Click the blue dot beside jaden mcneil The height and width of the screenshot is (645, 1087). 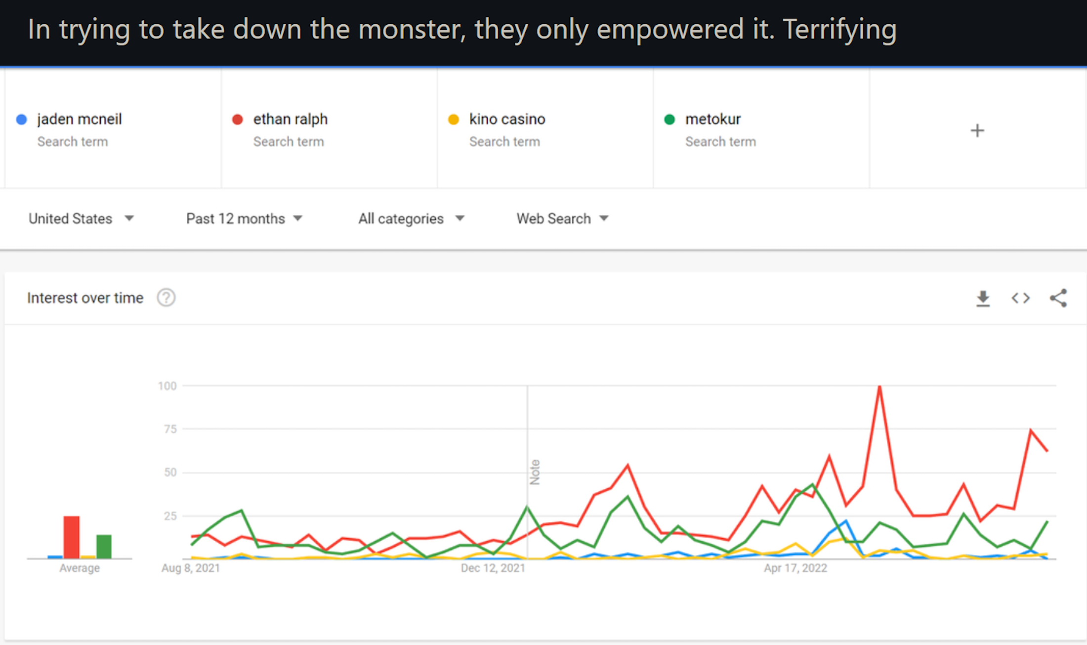[x=21, y=120]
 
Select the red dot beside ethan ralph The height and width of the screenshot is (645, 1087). [x=238, y=120]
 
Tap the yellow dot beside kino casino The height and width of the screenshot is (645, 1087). [x=454, y=120]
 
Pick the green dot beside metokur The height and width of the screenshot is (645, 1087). [x=669, y=120]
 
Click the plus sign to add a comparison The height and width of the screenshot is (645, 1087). [x=977, y=130]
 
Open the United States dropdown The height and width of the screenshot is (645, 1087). [x=81, y=218]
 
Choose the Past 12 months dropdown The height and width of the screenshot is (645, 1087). [x=244, y=218]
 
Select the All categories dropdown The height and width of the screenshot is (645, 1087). [x=411, y=218]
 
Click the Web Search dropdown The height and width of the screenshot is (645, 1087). [x=562, y=218]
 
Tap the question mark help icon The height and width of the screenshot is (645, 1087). [x=166, y=298]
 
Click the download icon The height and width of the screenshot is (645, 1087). [x=983, y=298]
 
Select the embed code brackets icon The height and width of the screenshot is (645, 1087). [x=1020, y=298]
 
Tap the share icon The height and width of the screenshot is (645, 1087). [x=1058, y=298]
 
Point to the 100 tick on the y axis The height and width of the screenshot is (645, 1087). [x=167, y=386]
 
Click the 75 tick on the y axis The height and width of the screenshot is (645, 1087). [x=170, y=429]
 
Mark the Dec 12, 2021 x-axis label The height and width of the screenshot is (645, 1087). [x=493, y=568]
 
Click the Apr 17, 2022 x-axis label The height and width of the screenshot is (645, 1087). [x=795, y=568]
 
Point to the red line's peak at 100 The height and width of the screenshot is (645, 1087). [x=880, y=387]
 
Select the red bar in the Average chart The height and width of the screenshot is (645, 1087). [x=72, y=537]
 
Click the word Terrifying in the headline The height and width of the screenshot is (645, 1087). [x=839, y=30]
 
